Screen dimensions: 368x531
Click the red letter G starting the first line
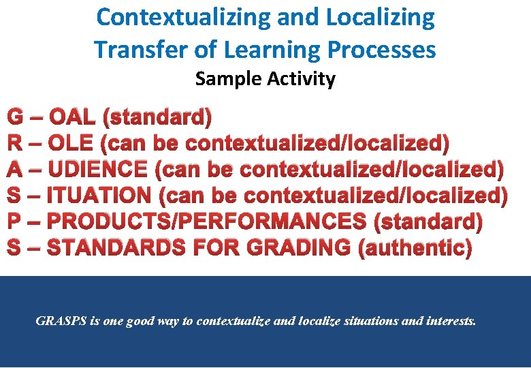[16, 117]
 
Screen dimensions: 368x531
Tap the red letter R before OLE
[15, 143]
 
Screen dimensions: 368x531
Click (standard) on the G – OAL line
[157, 117]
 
